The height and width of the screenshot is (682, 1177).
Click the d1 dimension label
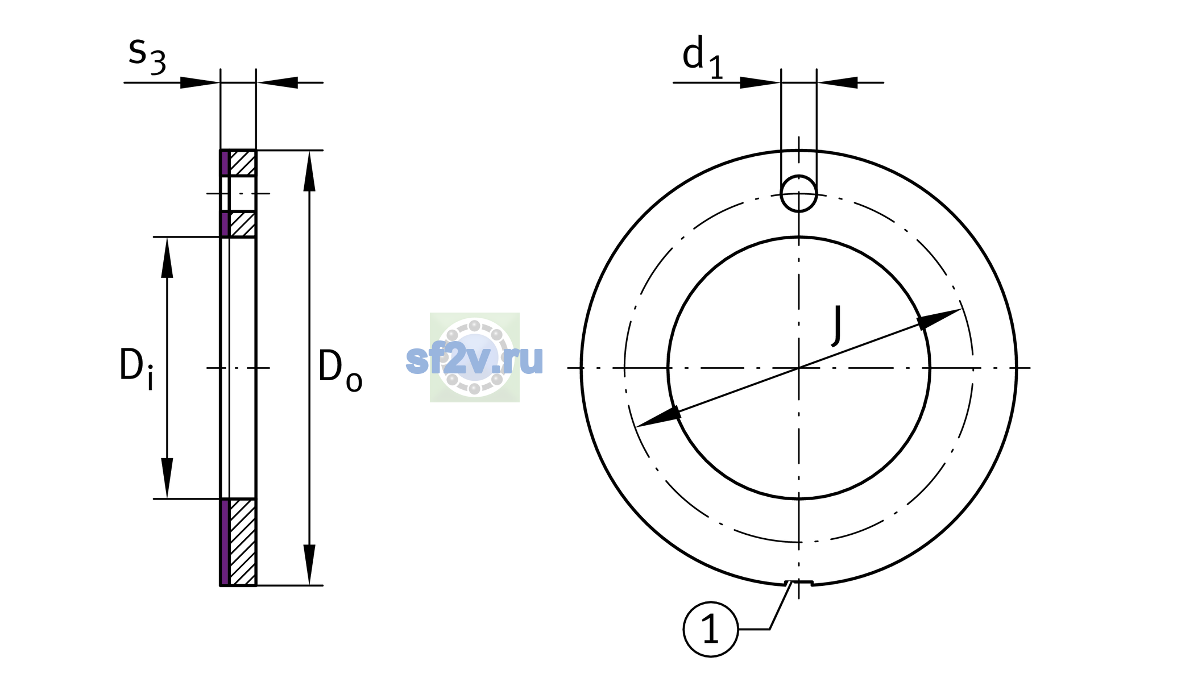coord(703,57)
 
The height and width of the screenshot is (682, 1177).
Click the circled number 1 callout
coord(711,630)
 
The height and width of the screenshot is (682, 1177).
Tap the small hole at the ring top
coord(799,194)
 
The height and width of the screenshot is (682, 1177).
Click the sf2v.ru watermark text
coord(474,359)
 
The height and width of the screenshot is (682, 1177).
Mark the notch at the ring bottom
coord(799,583)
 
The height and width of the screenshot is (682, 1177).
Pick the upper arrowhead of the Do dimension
coord(309,170)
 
